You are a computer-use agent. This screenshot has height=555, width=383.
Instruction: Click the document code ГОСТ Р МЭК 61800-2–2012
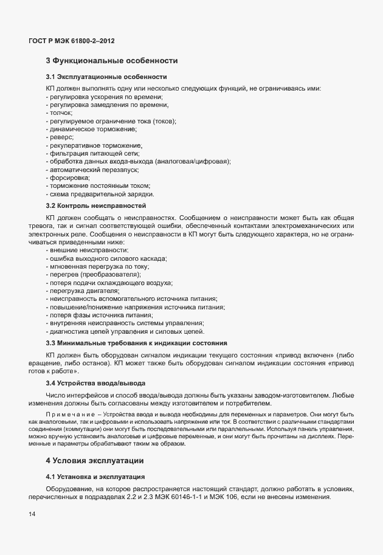tap(72, 41)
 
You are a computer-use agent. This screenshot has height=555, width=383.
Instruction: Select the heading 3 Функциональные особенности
tap(111, 61)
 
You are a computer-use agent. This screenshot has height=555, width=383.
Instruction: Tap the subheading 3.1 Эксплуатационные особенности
tap(106, 77)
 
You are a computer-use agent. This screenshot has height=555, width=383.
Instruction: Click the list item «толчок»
tap(59, 113)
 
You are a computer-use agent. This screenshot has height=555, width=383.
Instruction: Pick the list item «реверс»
tap(60, 137)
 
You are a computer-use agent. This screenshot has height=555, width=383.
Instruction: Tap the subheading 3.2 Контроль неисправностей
tap(96, 206)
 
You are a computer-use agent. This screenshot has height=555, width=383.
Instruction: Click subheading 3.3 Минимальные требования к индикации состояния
tap(136, 343)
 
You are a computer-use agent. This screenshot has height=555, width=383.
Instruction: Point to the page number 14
tap(32, 515)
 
